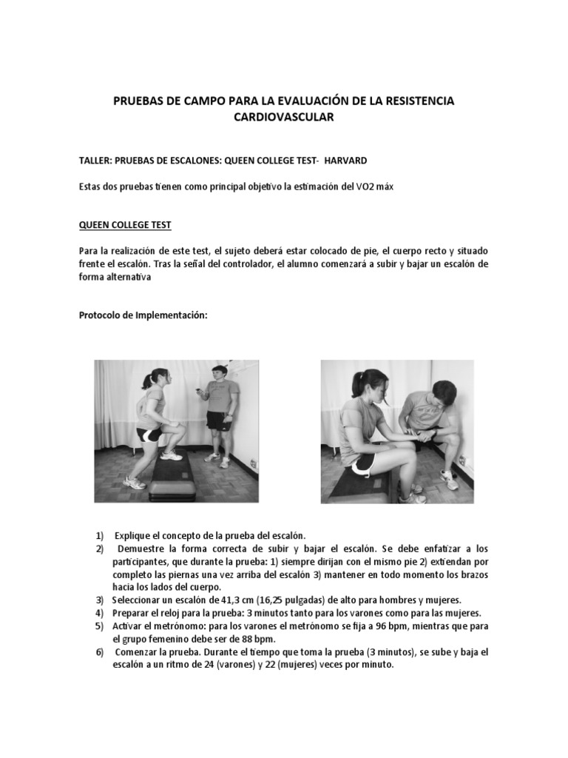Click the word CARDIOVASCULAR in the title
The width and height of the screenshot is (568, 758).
285,118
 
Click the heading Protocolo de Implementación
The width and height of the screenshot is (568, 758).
143,315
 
